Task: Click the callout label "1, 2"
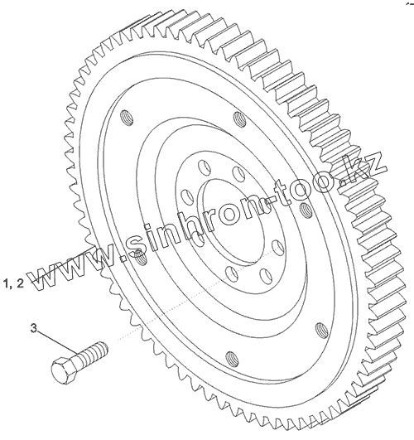[14, 283]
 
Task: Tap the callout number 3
[34, 328]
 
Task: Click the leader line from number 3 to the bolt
[57, 342]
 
